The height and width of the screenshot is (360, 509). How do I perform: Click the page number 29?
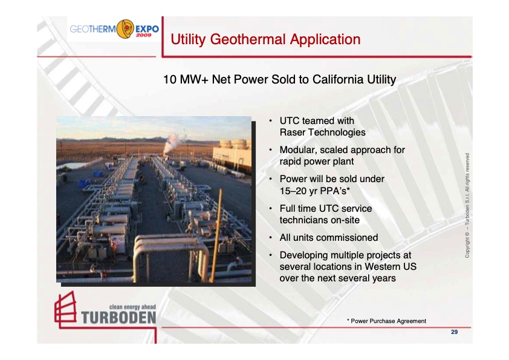click(454, 332)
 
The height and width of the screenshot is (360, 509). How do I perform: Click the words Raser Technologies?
click(322, 132)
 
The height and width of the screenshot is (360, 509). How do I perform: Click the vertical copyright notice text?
click(467, 206)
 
